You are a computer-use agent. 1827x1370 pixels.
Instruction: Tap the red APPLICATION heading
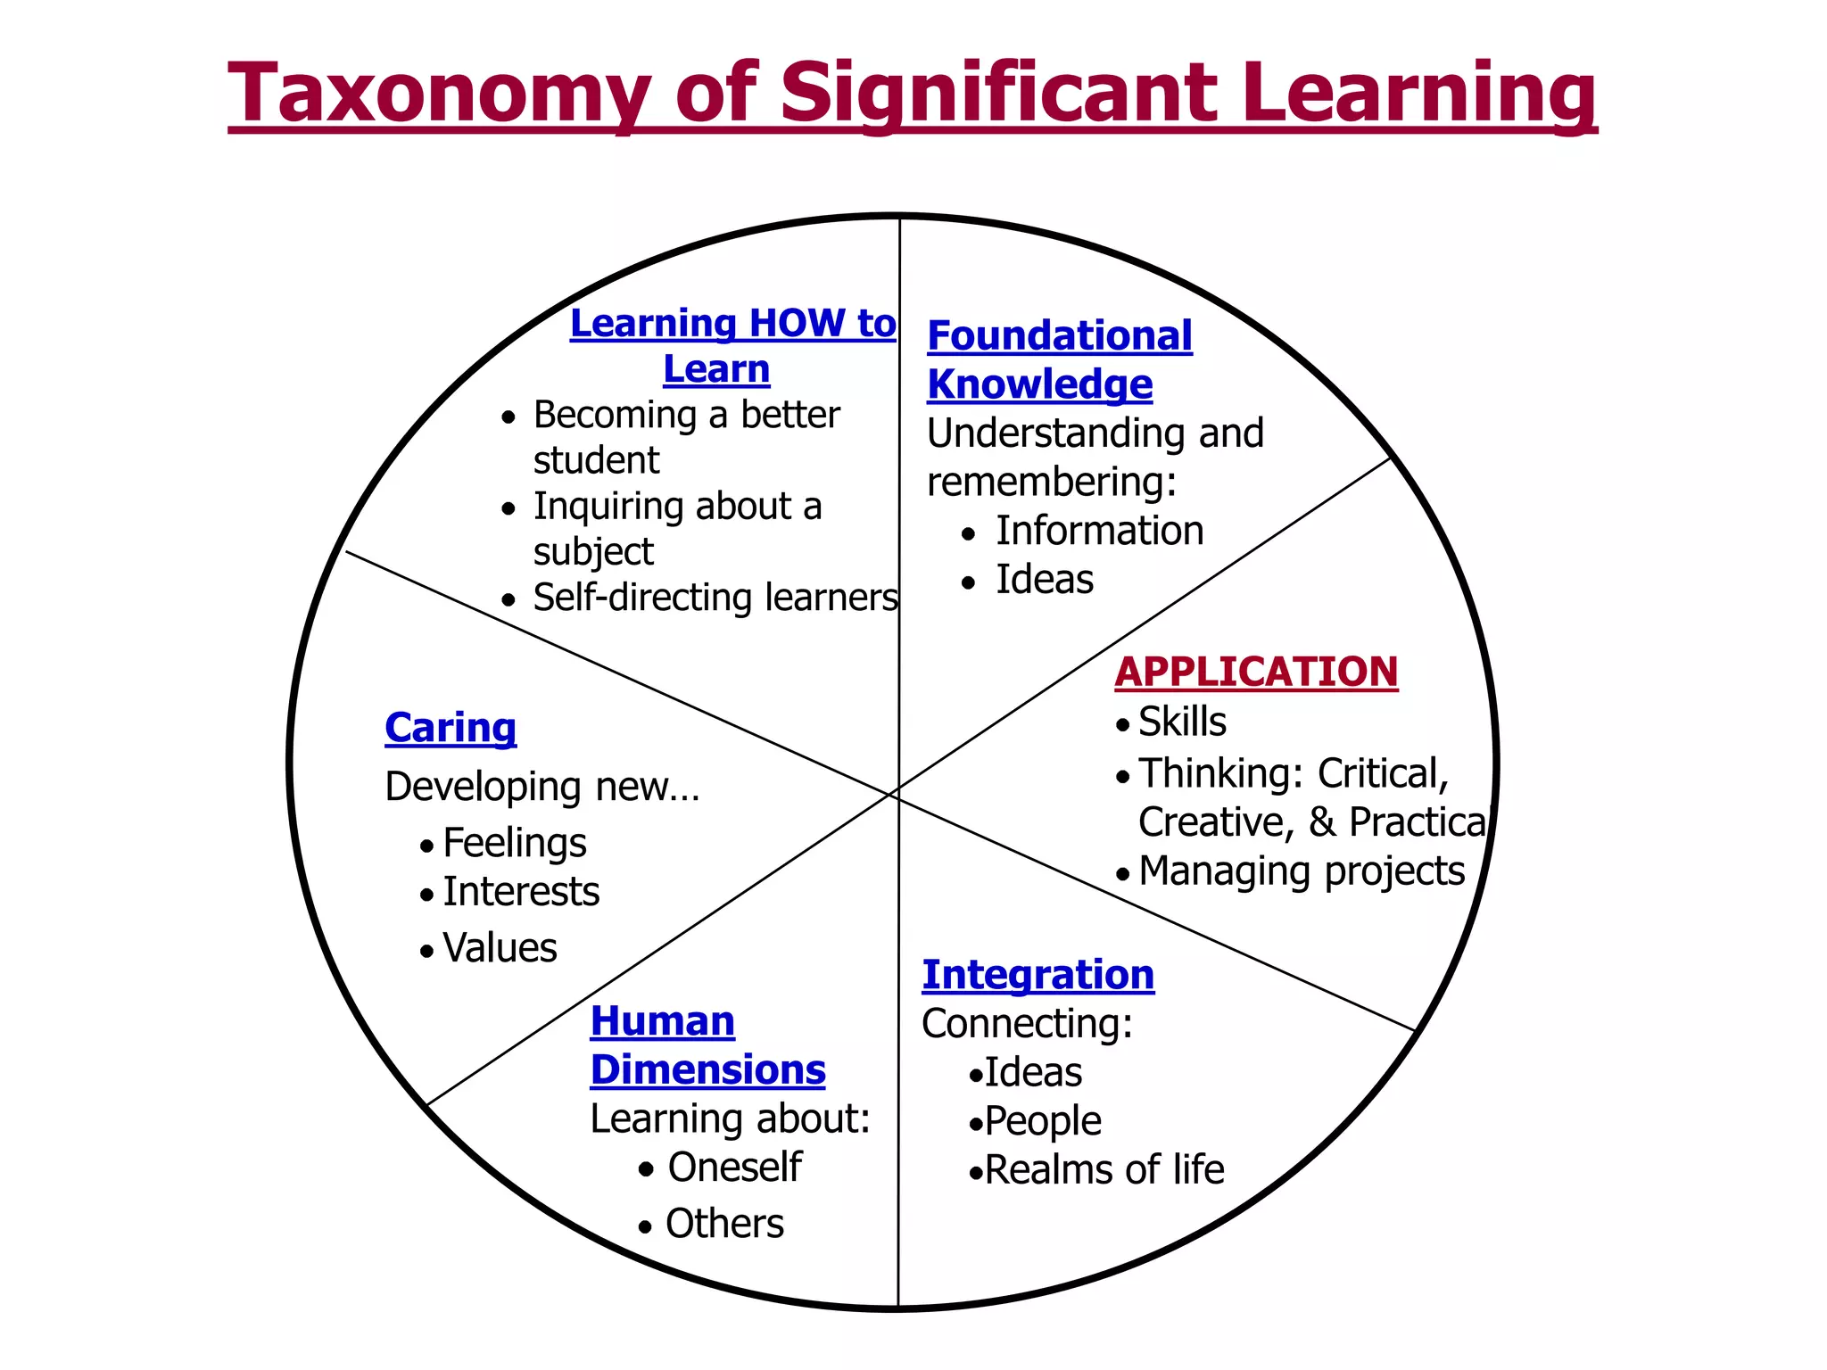[1256, 673]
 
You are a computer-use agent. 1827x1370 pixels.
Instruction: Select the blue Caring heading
[451, 728]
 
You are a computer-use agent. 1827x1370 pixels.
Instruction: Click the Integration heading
[1038, 975]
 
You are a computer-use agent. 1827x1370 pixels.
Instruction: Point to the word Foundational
[1060, 336]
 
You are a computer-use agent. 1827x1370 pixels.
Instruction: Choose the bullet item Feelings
[515, 843]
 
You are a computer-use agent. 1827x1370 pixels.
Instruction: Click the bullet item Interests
[521, 892]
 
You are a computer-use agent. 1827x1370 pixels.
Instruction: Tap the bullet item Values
[500, 948]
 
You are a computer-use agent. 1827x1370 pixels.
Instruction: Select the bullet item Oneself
[734, 1168]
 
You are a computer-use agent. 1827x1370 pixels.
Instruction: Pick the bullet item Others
[724, 1224]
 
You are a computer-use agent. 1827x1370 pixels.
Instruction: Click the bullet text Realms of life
[1104, 1170]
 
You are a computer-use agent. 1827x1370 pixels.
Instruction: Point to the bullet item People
[1043, 1121]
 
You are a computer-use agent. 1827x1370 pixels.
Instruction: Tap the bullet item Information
[1100, 531]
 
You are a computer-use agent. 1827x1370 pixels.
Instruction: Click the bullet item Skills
[1182, 722]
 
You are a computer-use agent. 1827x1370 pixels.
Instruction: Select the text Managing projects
[1302, 871]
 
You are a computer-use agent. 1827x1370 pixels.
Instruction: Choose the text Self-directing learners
[715, 598]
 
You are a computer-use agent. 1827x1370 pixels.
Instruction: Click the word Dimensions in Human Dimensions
[708, 1070]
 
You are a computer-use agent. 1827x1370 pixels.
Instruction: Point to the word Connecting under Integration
[1027, 1024]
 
